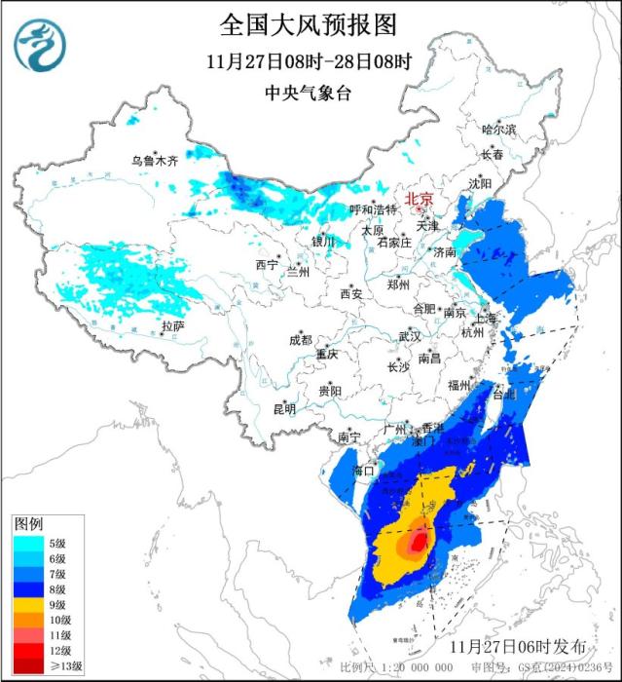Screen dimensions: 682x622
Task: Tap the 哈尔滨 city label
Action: pyautogui.click(x=499, y=129)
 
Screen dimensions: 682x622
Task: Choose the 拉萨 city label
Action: pyautogui.click(x=172, y=325)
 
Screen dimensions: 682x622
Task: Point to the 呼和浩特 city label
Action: pyautogui.click(x=374, y=209)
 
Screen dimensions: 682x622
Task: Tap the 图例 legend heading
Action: pyautogui.click(x=28, y=525)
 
